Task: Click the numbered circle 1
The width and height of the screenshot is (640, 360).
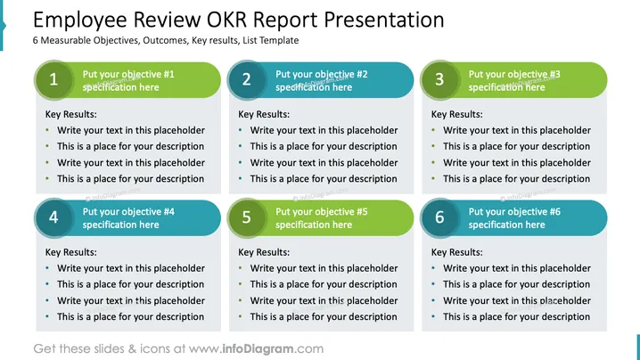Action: click(x=53, y=79)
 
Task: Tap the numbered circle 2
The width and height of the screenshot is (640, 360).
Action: click(x=247, y=79)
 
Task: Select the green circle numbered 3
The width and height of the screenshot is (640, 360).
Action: click(x=439, y=79)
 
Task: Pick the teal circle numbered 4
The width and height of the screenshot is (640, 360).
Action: click(x=53, y=217)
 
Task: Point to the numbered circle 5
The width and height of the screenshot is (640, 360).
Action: click(x=247, y=217)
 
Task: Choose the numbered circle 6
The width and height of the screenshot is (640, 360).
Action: click(x=439, y=217)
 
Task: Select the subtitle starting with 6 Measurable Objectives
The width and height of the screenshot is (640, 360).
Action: click(x=166, y=40)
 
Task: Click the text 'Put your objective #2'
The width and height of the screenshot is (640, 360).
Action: click(x=322, y=74)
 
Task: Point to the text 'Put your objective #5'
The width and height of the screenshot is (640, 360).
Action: click(x=322, y=212)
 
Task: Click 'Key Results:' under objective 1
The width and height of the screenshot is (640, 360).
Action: click(x=71, y=114)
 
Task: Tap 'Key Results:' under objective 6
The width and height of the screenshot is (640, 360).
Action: click(x=456, y=252)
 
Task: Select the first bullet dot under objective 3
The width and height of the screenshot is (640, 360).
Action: click(x=433, y=130)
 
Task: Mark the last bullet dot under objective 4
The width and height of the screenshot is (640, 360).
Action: click(x=47, y=316)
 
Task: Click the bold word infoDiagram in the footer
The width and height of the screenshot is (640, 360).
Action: click(x=258, y=349)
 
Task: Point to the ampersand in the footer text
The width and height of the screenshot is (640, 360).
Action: click(x=132, y=349)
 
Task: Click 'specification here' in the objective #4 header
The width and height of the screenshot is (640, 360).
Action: click(x=121, y=225)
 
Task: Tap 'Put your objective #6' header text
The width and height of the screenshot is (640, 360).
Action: click(x=514, y=212)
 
